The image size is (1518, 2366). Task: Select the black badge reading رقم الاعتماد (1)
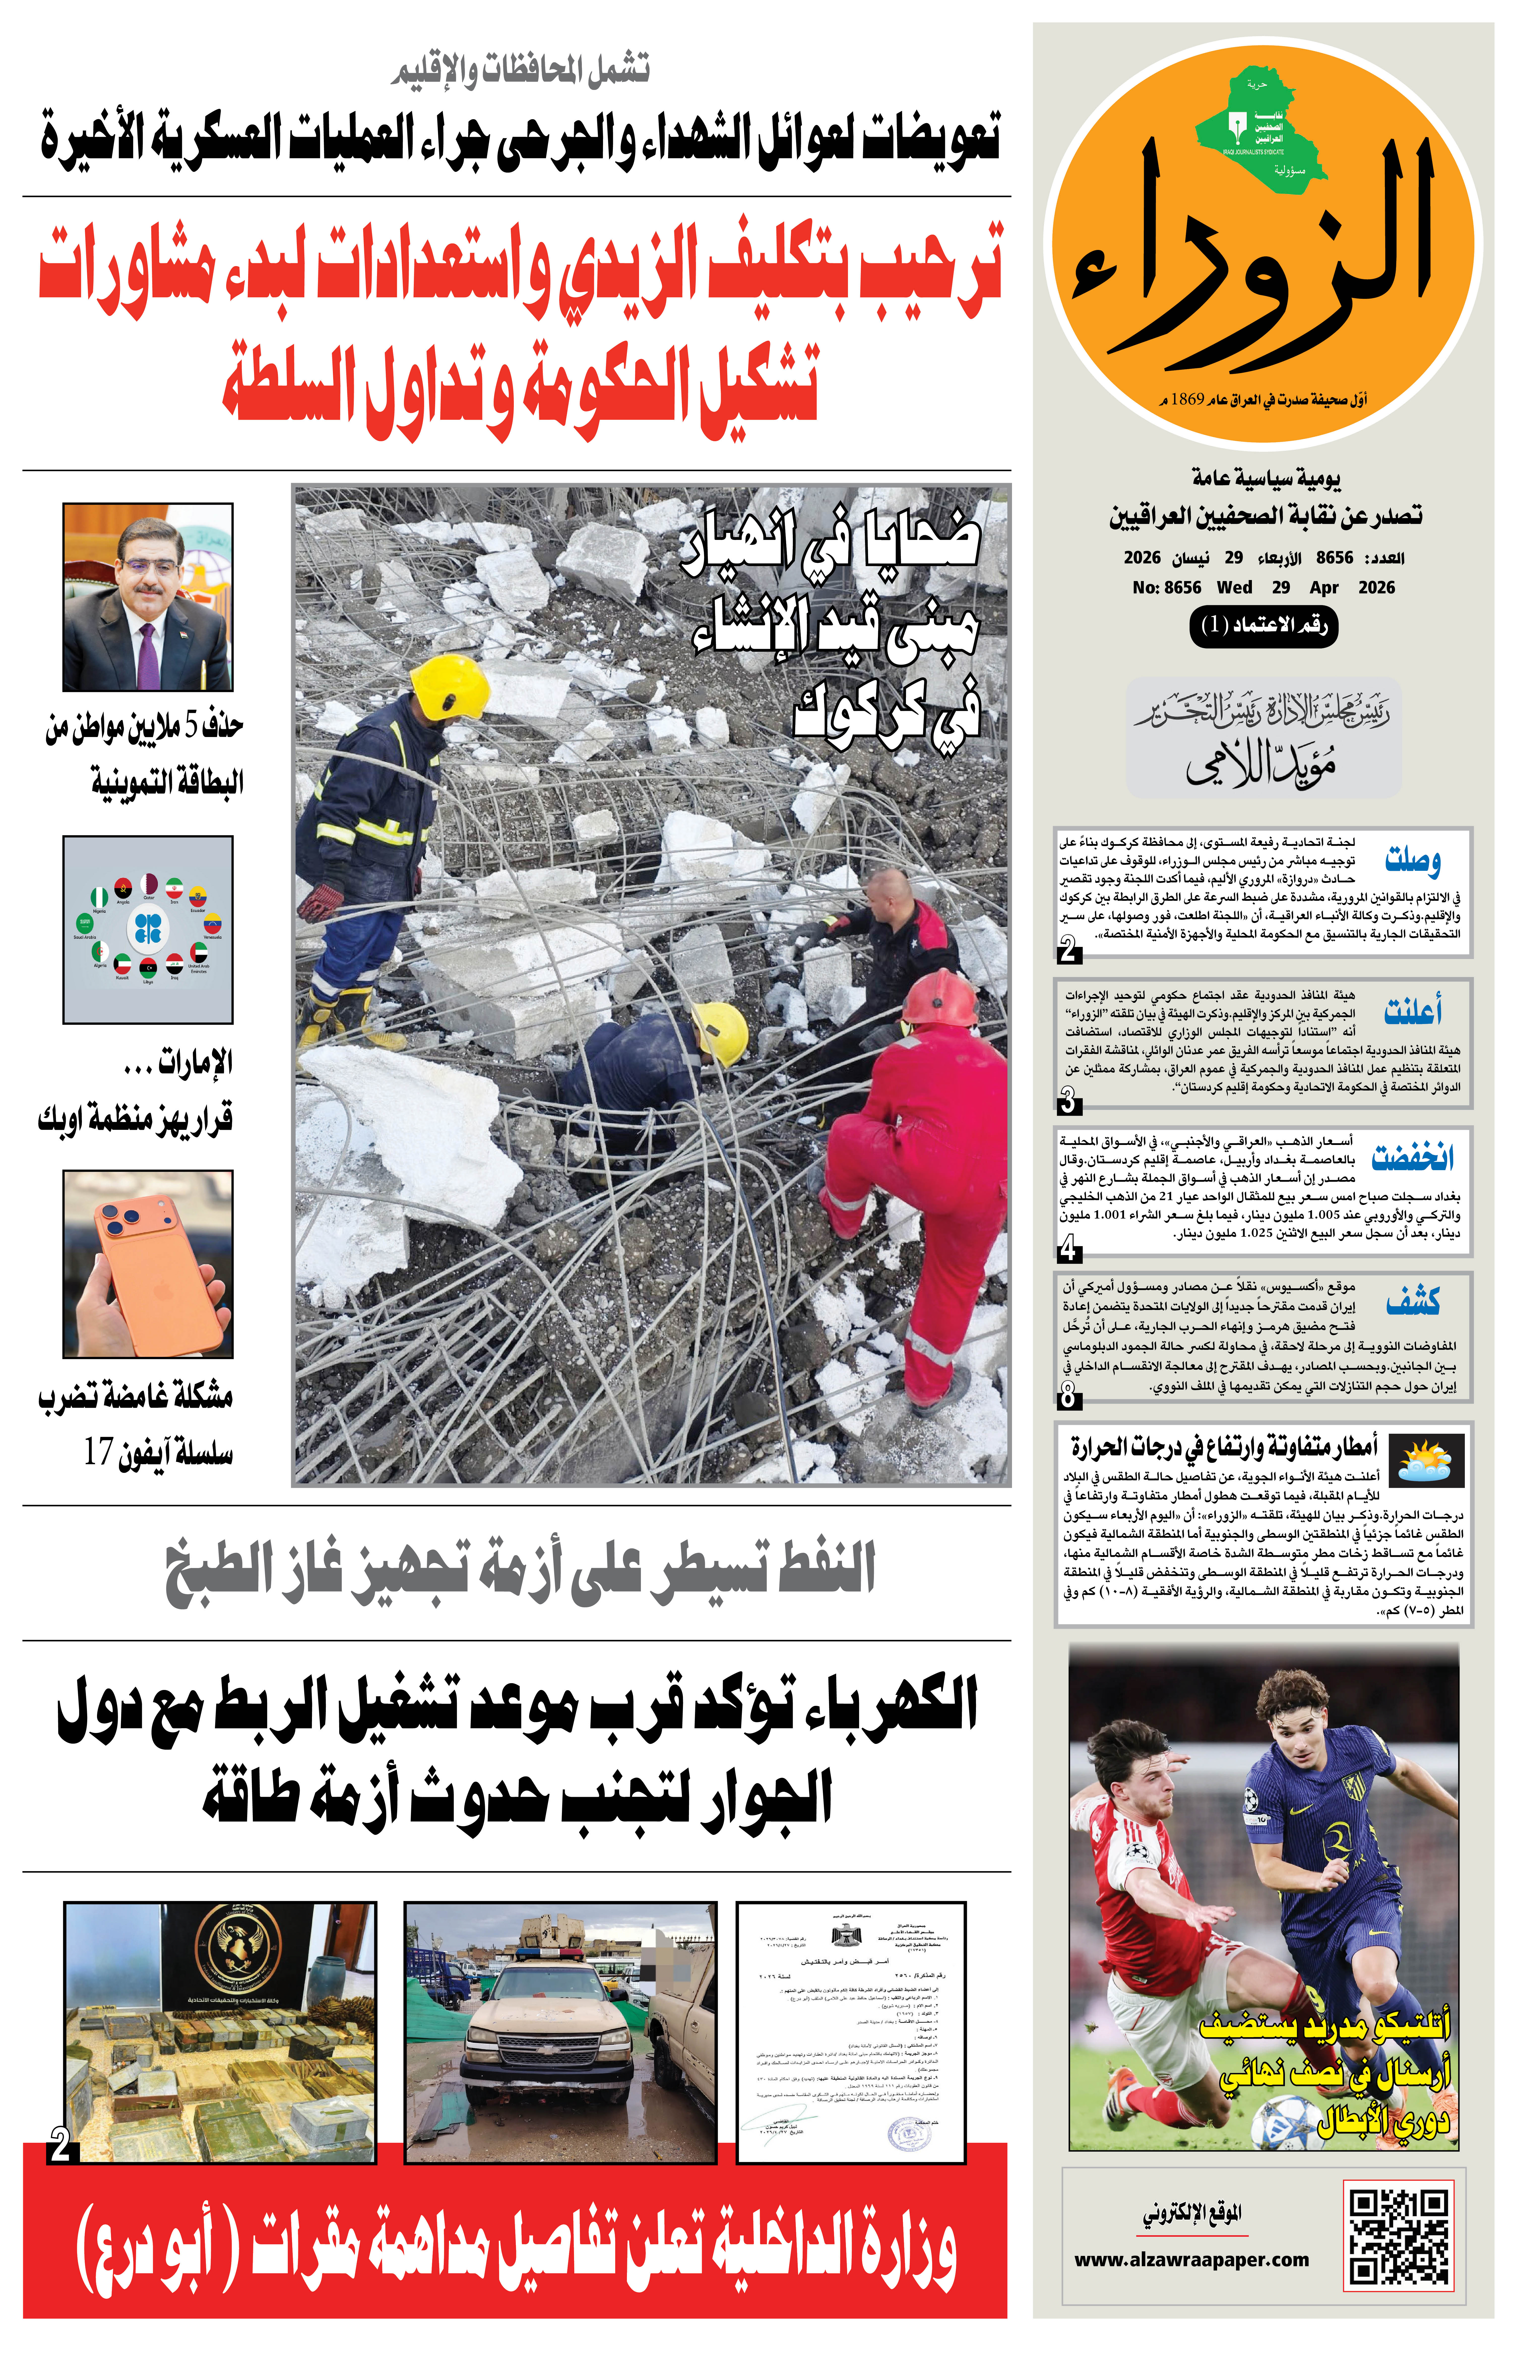click(x=1264, y=626)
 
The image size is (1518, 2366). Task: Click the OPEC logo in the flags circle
click(x=148, y=928)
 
